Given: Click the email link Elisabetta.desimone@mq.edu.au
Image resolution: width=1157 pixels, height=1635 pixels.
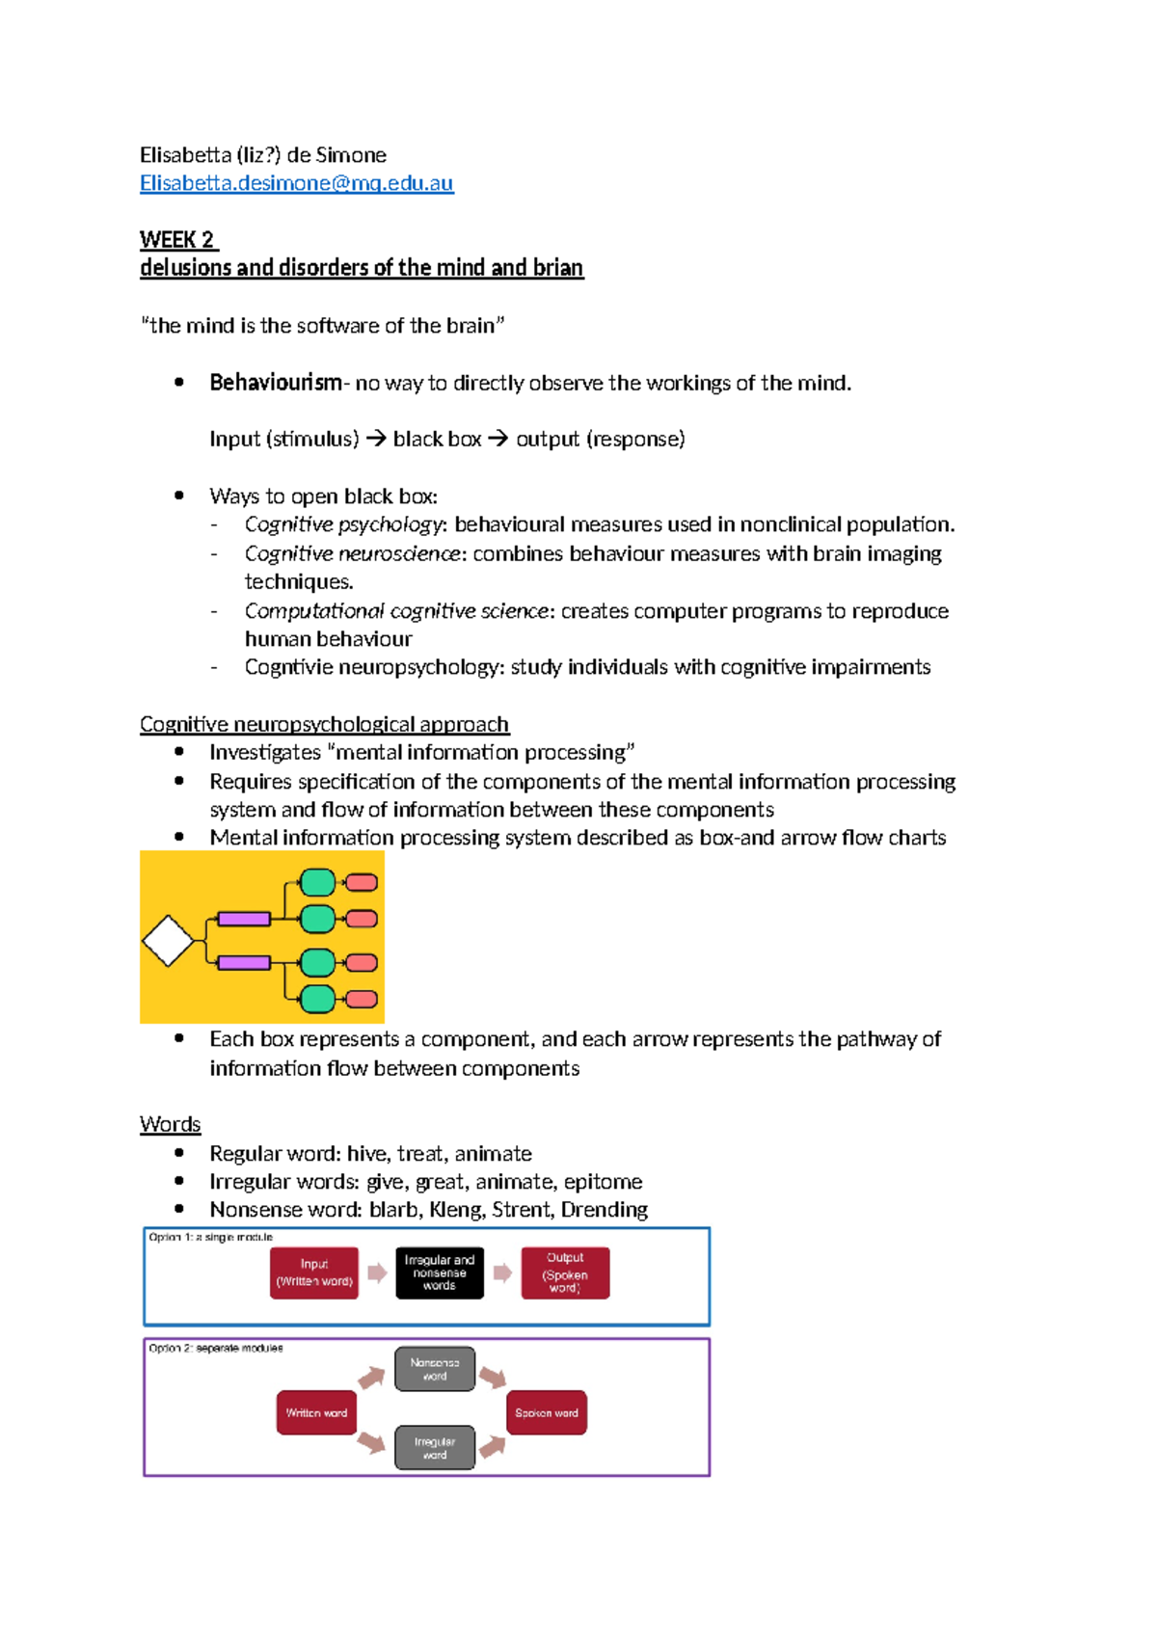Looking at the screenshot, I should [x=296, y=183].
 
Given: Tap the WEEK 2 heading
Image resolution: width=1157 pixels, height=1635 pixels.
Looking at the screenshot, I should [x=177, y=239].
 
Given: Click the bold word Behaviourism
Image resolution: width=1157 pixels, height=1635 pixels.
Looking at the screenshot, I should [x=275, y=383].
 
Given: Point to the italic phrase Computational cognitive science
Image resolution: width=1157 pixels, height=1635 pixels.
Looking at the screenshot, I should [x=395, y=611].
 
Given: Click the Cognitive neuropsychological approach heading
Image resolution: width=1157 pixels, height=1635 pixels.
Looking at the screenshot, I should [x=324, y=724].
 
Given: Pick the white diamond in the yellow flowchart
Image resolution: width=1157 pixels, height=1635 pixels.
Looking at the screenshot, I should [x=168, y=941].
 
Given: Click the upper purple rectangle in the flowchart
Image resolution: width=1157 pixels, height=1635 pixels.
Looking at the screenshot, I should [x=244, y=919].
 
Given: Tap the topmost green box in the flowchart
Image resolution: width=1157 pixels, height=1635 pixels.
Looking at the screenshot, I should [x=317, y=882].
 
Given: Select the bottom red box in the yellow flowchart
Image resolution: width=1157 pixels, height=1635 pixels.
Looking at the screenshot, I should [x=362, y=1000].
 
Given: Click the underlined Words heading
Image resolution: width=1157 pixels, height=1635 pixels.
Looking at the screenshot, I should [x=170, y=1124].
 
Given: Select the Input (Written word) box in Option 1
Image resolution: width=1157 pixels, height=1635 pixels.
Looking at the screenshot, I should [x=314, y=1273].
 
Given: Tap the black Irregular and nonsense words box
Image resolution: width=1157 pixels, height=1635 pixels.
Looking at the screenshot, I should [x=440, y=1273].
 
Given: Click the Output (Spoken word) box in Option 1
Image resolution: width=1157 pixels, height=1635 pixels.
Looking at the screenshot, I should [x=565, y=1273].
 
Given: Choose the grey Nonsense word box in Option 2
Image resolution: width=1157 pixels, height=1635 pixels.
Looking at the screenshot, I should [x=435, y=1369].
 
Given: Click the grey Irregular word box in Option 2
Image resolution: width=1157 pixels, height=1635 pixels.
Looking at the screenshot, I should [x=435, y=1448].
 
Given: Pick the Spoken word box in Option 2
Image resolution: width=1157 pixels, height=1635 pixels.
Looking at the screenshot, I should [x=547, y=1412].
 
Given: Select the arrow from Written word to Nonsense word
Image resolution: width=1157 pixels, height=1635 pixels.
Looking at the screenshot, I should [x=371, y=1378].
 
